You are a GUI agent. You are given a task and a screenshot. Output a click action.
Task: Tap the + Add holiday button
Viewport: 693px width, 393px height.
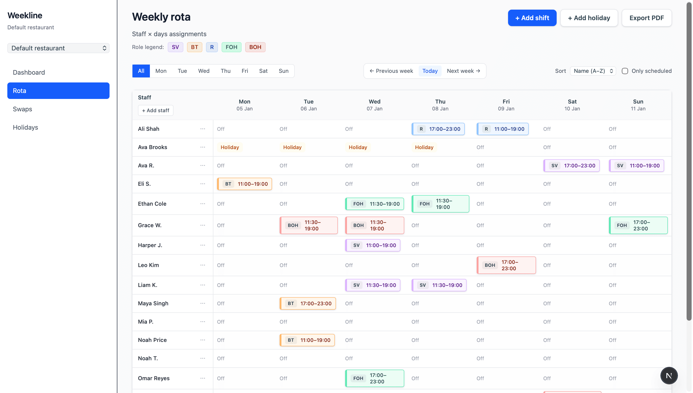point(589,18)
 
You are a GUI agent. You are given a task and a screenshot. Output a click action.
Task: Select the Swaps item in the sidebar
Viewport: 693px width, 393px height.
point(22,109)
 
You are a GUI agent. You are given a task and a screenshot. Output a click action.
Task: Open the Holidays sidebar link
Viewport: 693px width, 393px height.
point(25,127)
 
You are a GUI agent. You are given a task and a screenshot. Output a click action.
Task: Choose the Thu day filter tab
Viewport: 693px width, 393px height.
point(225,71)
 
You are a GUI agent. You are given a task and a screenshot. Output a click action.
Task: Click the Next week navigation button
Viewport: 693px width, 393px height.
point(463,71)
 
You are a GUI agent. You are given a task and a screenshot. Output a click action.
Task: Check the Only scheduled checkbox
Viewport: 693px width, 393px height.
point(625,71)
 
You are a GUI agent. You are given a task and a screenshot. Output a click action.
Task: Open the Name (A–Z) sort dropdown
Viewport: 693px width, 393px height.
point(593,71)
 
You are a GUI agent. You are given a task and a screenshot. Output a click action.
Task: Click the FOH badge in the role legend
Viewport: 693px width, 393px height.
point(231,47)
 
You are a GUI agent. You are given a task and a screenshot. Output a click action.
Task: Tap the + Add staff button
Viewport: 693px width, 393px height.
point(156,110)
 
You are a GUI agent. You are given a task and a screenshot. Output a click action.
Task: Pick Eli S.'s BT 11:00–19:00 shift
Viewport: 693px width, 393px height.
point(245,184)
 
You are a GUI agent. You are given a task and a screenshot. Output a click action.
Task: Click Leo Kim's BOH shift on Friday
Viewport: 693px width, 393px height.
point(506,265)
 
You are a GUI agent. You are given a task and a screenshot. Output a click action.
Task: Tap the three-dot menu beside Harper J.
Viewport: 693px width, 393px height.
point(203,245)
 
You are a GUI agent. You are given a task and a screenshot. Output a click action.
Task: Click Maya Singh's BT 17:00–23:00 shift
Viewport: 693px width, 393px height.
point(307,303)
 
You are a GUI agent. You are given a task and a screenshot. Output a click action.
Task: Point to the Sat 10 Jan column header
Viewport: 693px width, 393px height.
point(572,105)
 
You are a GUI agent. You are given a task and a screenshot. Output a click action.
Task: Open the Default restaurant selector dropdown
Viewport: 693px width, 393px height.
point(58,48)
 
